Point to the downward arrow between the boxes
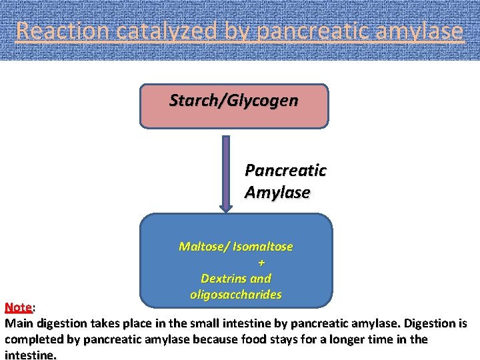226,173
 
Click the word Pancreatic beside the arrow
285,170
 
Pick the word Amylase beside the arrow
277,193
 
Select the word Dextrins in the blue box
224,278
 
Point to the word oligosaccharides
236,294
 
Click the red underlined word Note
18,307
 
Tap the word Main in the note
19,324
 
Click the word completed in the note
33,339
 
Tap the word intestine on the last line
30,355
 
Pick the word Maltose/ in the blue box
203,247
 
